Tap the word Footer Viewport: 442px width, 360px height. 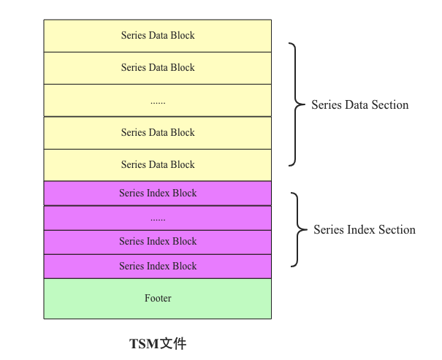point(158,298)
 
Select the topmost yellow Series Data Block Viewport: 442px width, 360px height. point(158,35)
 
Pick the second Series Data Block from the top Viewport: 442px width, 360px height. point(158,67)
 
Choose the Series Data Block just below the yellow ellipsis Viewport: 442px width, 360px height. point(158,132)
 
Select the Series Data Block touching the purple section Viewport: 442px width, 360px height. point(158,164)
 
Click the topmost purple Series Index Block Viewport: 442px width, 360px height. point(158,194)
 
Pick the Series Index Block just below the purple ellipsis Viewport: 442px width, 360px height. point(158,242)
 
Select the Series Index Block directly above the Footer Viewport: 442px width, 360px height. point(158,266)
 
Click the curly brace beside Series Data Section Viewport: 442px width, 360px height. point(295,104)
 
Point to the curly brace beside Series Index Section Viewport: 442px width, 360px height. point(297,229)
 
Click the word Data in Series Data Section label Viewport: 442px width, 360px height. point(357,104)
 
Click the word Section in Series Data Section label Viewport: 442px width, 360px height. point(390,104)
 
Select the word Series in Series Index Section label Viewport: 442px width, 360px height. point(329,229)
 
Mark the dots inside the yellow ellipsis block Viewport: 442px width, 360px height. point(158,102)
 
